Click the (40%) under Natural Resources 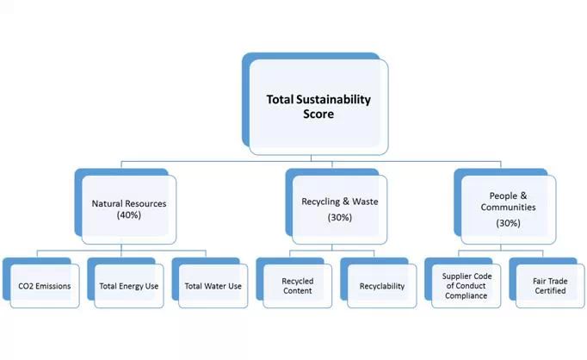[x=129, y=215]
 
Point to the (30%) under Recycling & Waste [x=339, y=218]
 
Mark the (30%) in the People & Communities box [x=509, y=223]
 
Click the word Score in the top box [x=318, y=114]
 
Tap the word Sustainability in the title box [x=334, y=100]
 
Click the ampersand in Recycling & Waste [x=346, y=202]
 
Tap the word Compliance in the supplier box [x=467, y=295]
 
